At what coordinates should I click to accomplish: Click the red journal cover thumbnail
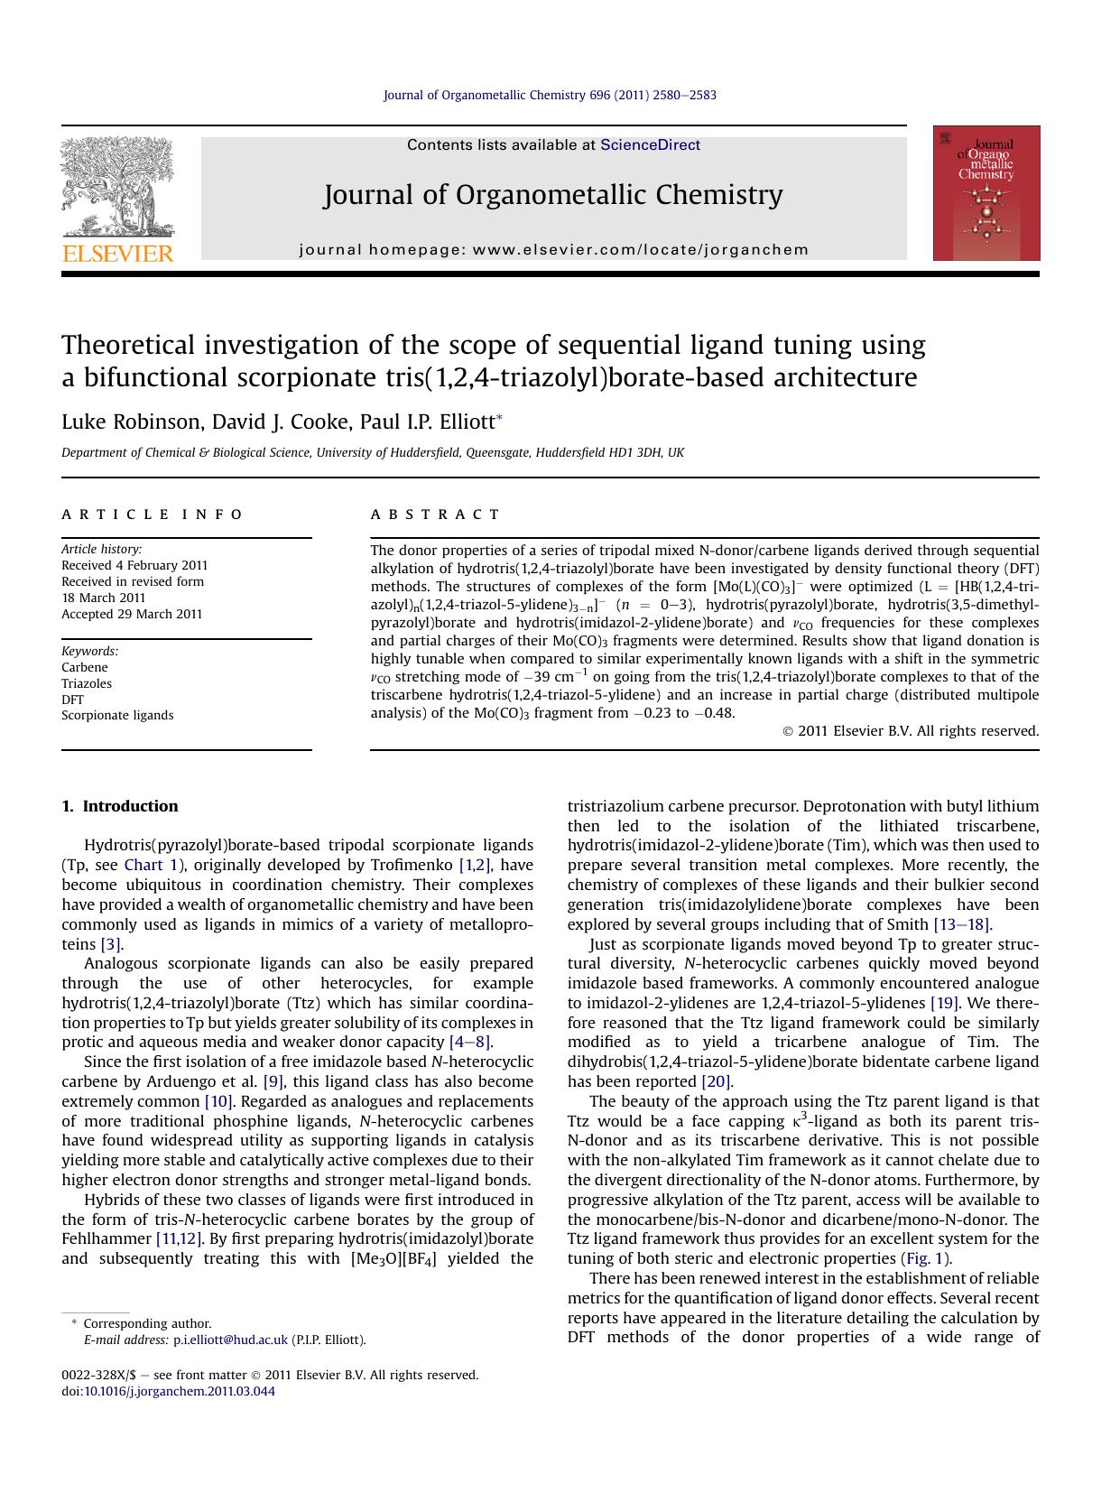coord(986,193)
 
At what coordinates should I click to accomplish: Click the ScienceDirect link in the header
coord(650,145)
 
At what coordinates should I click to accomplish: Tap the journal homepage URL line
coord(554,250)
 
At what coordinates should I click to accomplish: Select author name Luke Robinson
coord(123,422)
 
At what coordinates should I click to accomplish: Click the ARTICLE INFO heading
coord(152,515)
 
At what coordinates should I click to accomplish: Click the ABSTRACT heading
coord(435,515)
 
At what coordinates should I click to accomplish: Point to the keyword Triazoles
coord(87,683)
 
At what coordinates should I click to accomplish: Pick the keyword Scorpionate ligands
coord(117,715)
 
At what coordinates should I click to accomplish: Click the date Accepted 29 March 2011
coord(132,614)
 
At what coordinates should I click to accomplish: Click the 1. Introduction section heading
coord(120,806)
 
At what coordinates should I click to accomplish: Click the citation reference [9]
coord(273,1081)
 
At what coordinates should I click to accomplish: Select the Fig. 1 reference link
coord(925,1258)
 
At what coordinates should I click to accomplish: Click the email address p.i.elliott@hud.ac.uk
coord(230,1340)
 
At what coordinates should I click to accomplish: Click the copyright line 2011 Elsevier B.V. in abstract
coord(912,731)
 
